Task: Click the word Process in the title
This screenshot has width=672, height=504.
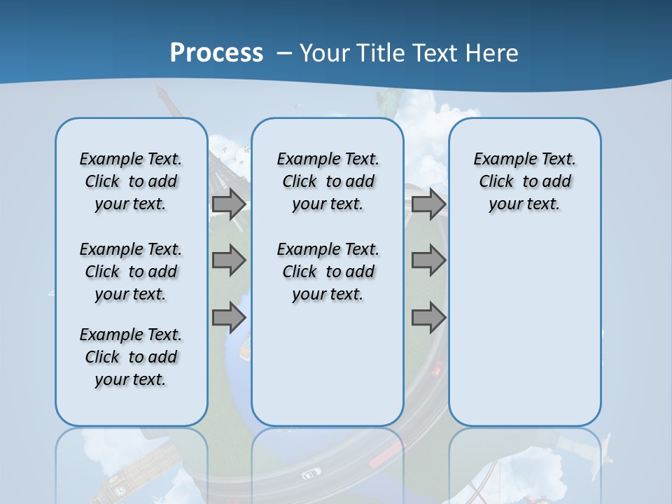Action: point(216,53)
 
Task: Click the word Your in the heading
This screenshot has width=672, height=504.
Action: point(325,53)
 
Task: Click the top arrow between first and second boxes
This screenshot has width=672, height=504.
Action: point(228,204)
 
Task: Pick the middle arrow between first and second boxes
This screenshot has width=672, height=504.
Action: point(228,261)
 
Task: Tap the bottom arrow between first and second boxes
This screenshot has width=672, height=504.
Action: point(228,318)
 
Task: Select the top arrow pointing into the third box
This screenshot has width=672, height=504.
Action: point(428,204)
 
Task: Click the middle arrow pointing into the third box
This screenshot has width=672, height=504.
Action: point(428,261)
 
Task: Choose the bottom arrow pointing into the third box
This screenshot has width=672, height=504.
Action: point(428,318)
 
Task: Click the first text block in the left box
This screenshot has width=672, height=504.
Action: point(131,181)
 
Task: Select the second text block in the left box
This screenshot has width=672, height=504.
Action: point(131,272)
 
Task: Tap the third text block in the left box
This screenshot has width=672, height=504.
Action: point(131,357)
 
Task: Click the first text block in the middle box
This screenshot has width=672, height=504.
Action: point(328,181)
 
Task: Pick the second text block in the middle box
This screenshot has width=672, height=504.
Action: point(328,272)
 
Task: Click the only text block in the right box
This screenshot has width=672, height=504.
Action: point(524,181)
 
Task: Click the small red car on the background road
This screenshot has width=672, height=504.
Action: point(437,368)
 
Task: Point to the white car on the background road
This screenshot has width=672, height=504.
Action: point(310,475)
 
